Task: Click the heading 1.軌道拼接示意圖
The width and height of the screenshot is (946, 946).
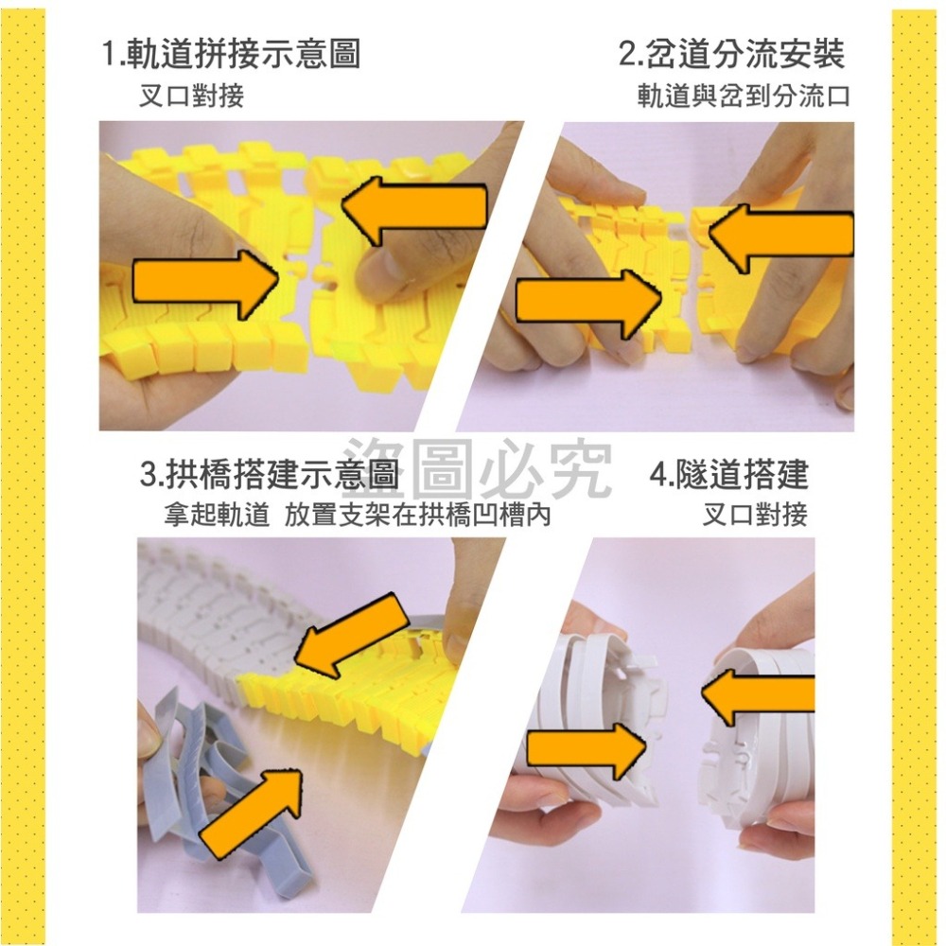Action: coord(231,54)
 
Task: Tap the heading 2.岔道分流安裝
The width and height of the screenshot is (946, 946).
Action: coord(731,54)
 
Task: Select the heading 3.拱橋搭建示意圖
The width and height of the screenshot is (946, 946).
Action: coord(270,474)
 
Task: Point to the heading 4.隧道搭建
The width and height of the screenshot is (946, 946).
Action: coord(729,474)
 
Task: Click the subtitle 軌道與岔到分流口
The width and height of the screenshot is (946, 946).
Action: coord(744,96)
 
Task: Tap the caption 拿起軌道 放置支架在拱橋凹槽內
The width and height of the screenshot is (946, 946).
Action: coord(357,516)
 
